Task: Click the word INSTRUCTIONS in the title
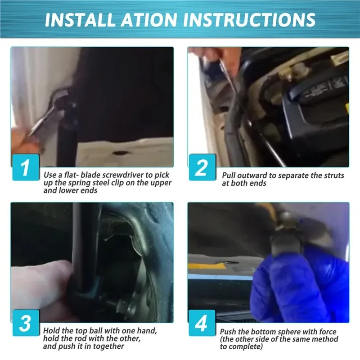tap(249, 20)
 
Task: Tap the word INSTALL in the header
tap(80, 20)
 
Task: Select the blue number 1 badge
tap(26, 167)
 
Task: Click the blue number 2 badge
tap(202, 167)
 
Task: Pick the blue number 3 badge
tap(26, 323)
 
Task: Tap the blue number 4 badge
tap(202, 323)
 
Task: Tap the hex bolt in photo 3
tap(122, 306)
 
